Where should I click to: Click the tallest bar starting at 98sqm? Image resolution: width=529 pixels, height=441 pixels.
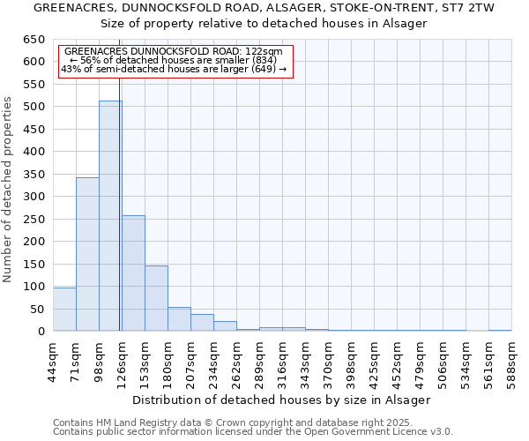110,216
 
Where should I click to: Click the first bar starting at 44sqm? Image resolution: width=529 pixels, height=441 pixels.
64,310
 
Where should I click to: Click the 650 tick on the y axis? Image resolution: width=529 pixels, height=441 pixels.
34,40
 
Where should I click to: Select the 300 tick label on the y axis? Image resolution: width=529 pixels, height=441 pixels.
34,197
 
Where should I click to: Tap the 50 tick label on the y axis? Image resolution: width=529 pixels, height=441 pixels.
37,310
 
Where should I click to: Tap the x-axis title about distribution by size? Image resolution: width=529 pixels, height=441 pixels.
281,400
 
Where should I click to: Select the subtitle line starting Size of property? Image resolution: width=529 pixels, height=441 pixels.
264,23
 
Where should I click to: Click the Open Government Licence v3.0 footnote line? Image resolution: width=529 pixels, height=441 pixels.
253,431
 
